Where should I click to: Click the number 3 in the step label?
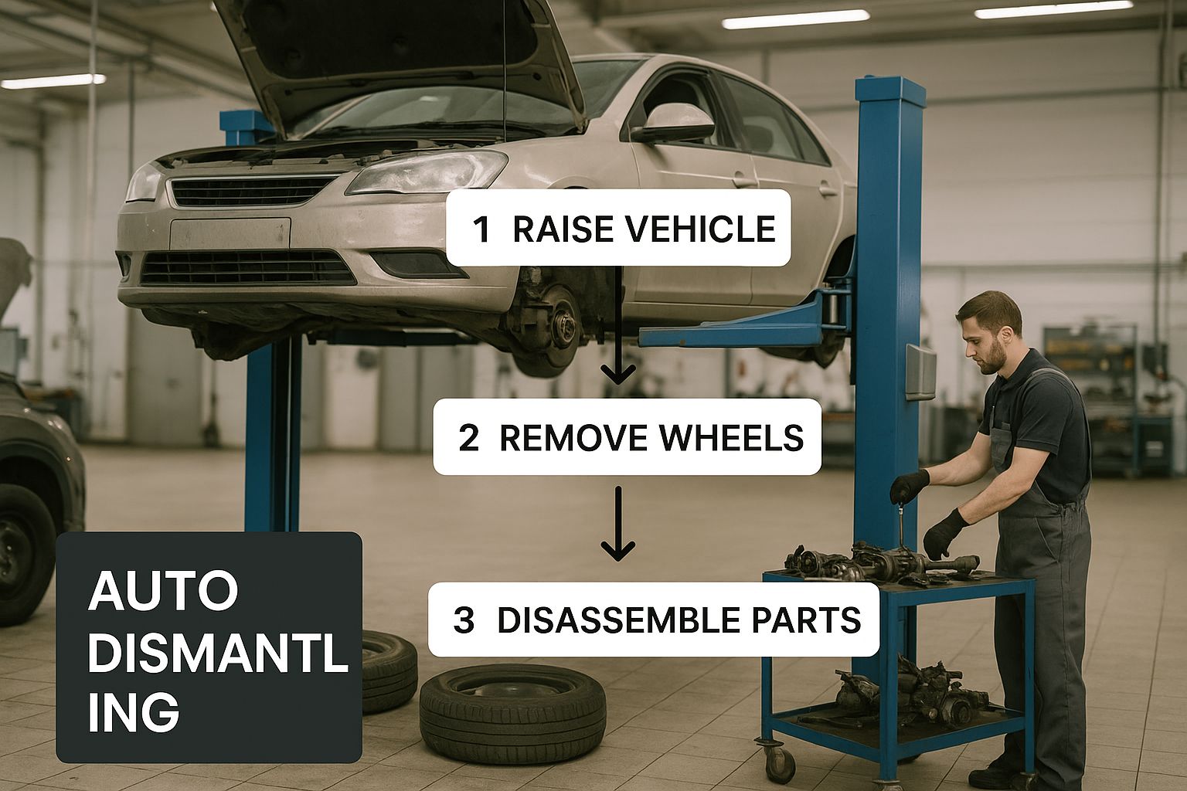pos(464,620)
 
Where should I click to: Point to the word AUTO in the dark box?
pos(163,591)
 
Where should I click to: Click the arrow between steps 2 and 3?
pos(618,524)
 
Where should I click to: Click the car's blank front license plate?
pos(230,233)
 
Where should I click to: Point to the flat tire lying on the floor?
pos(512,713)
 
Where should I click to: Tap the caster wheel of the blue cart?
pos(781,763)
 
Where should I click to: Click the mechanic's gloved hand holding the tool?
pos(908,487)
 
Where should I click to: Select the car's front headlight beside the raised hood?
pos(427,171)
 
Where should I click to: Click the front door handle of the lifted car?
pos(745,182)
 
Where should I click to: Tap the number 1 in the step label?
pos(481,229)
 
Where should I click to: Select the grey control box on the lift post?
pos(920,372)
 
